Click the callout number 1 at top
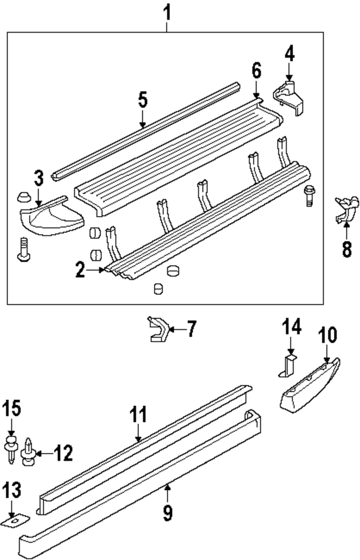tap(166, 11)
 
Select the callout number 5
tap(142, 101)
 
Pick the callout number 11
tap(138, 416)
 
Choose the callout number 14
tap(292, 326)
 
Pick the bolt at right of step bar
tap(308, 197)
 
